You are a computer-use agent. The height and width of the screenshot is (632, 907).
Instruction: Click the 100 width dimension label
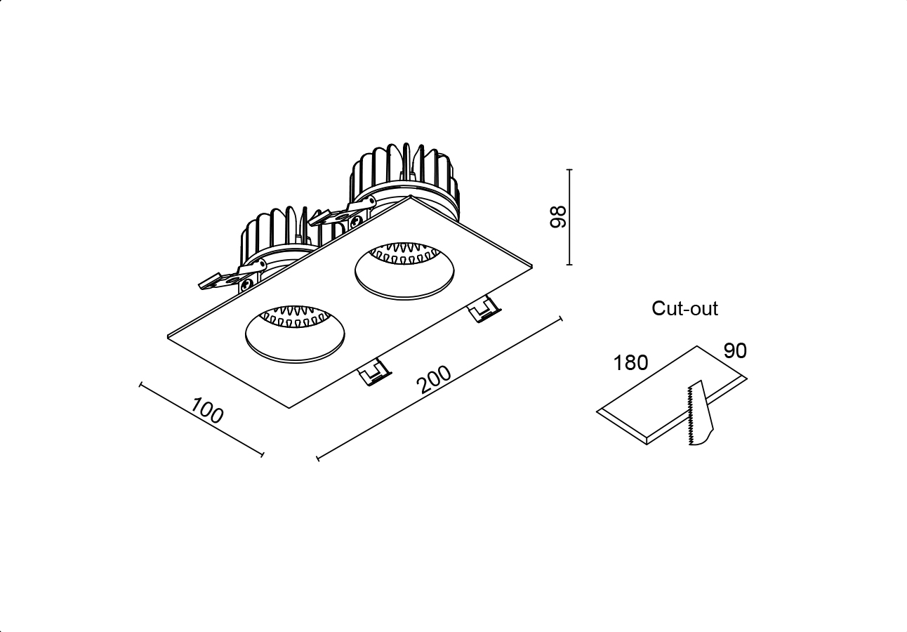pyautogui.click(x=207, y=410)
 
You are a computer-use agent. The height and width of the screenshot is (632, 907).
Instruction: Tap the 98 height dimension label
pyautogui.click(x=558, y=217)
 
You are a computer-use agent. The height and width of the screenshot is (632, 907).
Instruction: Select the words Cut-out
pyautogui.click(x=684, y=308)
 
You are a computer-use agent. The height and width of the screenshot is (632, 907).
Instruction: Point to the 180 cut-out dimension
pyautogui.click(x=631, y=362)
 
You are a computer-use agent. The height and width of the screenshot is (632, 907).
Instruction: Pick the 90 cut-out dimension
pyautogui.click(x=735, y=351)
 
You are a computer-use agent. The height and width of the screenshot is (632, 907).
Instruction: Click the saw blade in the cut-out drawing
pyautogui.click(x=700, y=413)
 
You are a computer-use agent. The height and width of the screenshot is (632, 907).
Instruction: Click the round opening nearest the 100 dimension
pyautogui.click(x=295, y=334)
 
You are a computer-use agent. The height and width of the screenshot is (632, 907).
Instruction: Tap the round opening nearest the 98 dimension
pyautogui.click(x=404, y=272)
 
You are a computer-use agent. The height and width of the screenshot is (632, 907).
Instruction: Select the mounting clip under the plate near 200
pyautogui.click(x=484, y=310)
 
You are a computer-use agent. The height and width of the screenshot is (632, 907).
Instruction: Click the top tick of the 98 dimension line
pyautogui.click(x=569, y=169)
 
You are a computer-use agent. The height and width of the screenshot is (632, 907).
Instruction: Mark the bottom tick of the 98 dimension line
pyautogui.click(x=569, y=265)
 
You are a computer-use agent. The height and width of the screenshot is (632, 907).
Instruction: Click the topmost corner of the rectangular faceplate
pyautogui.click(x=411, y=197)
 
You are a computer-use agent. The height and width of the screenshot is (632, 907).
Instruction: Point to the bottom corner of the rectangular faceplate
pyautogui.click(x=289, y=408)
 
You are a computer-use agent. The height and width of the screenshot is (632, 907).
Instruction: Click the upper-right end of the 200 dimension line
pyautogui.click(x=561, y=319)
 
